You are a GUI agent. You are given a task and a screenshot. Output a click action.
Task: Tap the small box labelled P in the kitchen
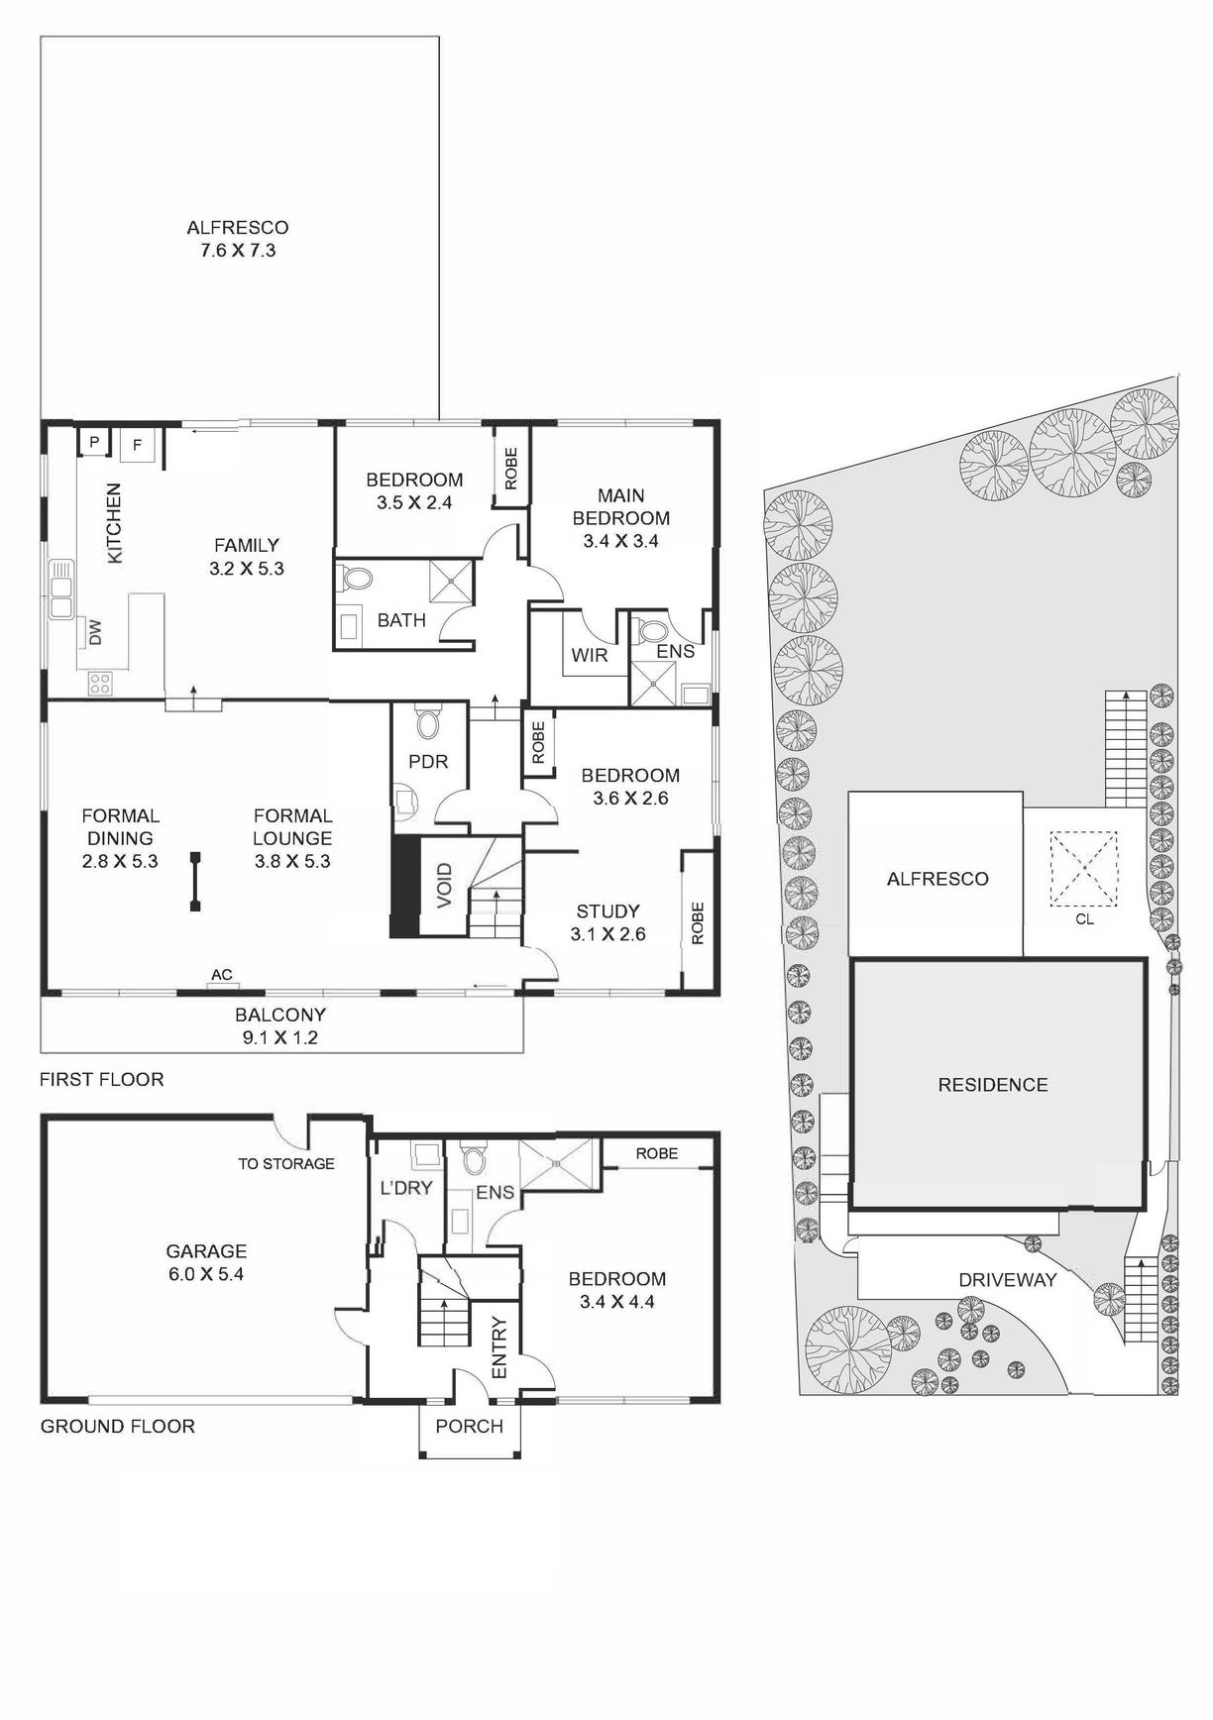click(94, 442)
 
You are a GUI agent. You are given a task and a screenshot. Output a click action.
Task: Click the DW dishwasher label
click(95, 633)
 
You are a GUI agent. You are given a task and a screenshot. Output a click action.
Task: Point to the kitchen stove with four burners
click(100, 682)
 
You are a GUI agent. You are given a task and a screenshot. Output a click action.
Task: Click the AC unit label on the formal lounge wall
click(222, 975)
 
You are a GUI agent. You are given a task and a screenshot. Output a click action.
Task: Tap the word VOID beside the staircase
click(444, 885)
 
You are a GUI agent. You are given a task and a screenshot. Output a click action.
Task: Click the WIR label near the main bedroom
click(589, 655)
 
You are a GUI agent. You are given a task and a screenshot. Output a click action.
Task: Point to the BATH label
click(401, 620)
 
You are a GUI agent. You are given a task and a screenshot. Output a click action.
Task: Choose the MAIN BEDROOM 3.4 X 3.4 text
click(621, 518)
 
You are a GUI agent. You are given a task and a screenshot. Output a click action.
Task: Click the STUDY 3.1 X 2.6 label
click(608, 922)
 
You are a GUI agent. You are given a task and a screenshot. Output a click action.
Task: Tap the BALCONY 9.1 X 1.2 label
click(280, 1026)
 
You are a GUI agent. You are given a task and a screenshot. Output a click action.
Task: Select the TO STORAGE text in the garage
click(286, 1163)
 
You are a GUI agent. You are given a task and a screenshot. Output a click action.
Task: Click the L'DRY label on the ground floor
click(406, 1187)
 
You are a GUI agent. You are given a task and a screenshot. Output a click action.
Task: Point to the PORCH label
click(470, 1426)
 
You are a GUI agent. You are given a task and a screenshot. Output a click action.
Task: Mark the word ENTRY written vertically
click(498, 1347)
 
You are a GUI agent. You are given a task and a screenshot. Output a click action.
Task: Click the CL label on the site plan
click(1084, 918)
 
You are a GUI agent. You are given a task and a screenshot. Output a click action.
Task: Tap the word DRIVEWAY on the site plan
click(1007, 1279)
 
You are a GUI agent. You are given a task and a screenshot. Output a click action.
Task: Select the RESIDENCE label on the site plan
click(992, 1085)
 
